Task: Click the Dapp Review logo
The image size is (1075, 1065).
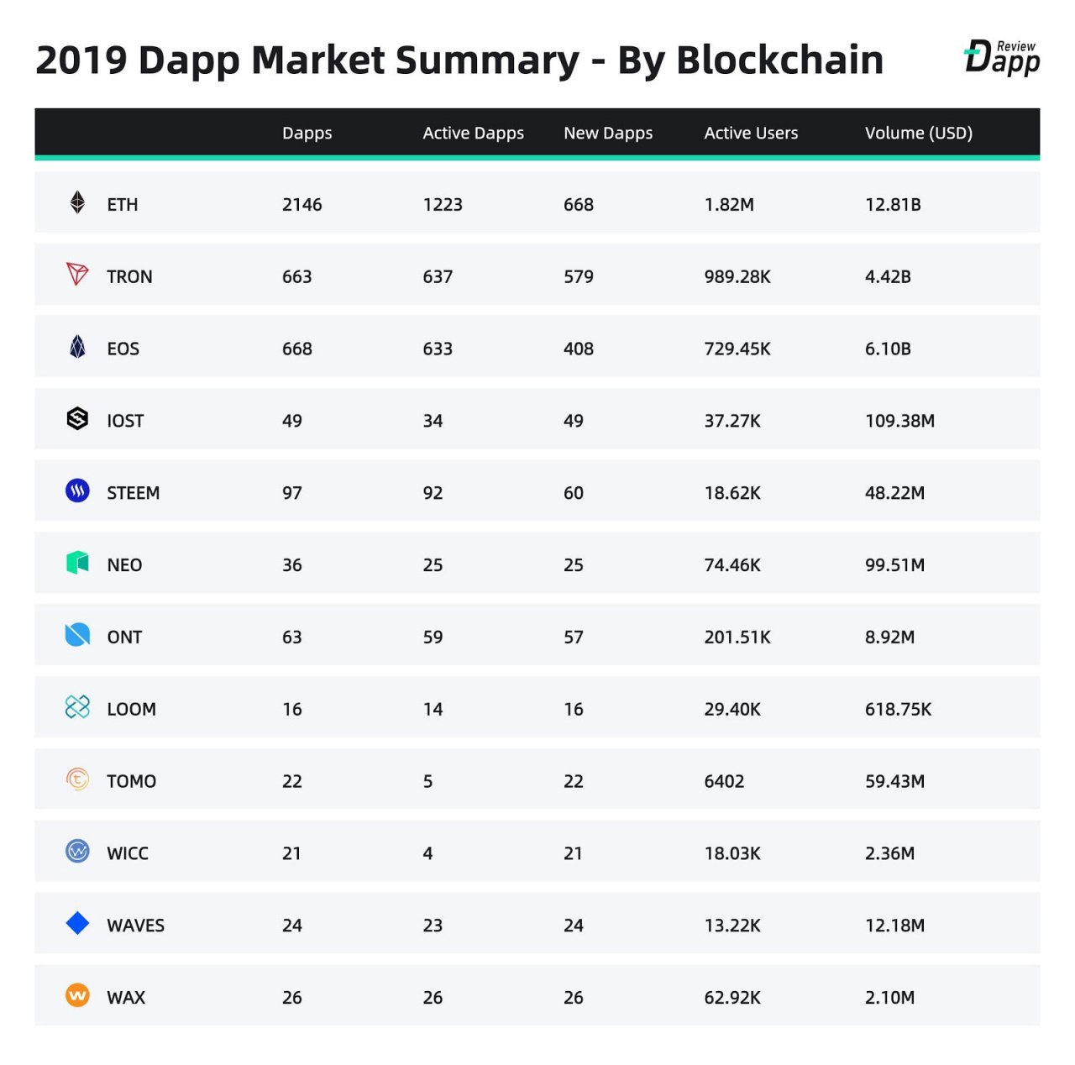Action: pyautogui.click(x=1002, y=57)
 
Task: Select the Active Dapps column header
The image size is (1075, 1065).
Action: pyautogui.click(x=473, y=133)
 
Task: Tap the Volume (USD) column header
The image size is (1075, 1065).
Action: pyautogui.click(x=918, y=133)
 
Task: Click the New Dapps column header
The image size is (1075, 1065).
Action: pyautogui.click(x=607, y=133)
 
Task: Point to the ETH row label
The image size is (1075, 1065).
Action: pyautogui.click(x=122, y=204)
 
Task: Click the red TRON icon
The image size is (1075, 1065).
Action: pyautogui.click(x=77, y=274)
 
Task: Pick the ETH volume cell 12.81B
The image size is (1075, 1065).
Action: pyautogui.click(x=892, y=204)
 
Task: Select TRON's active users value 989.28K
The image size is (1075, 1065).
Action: pyautogui.click(x=737, y=276)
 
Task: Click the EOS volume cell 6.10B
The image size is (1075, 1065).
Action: pyautogui.click(x=887, y=349)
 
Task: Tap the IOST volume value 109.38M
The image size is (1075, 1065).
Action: pyautogui.click(x=899, y=421)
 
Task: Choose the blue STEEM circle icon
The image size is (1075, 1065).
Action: pyautogui.click(x=77, y=491)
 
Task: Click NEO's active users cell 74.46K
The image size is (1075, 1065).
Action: pyautogui.click(x=732, y=565)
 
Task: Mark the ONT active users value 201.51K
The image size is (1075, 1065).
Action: pyautogui.click(x=737, y=637)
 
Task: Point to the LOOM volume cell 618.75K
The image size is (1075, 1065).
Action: pyautogui.click(x=897, y=709)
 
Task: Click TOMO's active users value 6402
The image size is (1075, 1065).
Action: pyautogui.click(x=723, y=781)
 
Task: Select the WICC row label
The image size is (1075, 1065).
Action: pyautogui.click(x=127, y=853)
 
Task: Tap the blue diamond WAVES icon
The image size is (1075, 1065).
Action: pyautogui.click(x=77, y=923)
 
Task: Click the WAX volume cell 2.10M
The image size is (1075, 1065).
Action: pyautogui.click(x=889, y=998)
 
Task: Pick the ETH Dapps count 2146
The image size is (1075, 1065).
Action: pyautogui.click(x=302, y=204)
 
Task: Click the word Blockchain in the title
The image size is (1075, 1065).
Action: pyautogui.click(x=779, y=60)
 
